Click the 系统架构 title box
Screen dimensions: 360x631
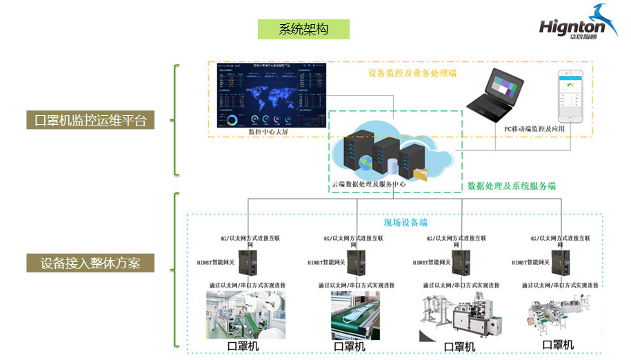tap(303, 29)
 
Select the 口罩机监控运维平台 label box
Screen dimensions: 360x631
tap(90, 120)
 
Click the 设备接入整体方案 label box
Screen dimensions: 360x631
tap(90, 263)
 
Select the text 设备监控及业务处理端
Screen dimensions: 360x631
tap(412, 72)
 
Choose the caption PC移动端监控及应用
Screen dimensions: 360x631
tap(529, 128)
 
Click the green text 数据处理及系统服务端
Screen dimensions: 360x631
tap(511, 186)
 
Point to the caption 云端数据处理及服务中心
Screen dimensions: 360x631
tap(368, 184)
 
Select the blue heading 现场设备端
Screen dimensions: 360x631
tap(405, 222)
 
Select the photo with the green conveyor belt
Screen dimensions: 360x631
tap(355, 314)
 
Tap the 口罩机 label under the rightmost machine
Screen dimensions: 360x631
tap(558, 344)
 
